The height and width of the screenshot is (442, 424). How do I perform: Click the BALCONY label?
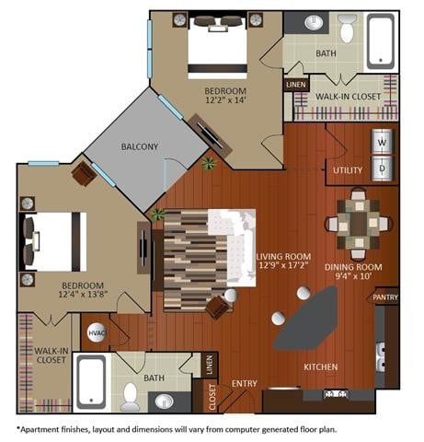pyautogui.click(x=139, y=146)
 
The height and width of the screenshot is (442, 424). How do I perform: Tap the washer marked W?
pyautogui.click(x=383, y=143)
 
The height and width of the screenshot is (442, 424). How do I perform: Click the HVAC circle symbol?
pyautogui.click(x=96, y=333)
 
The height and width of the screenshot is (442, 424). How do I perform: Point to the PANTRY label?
pyautogui.click(x=384, y=298)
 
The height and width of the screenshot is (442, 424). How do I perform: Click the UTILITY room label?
pyautogui.click(x=348, y=170)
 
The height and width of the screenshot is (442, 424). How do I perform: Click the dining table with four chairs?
pyautogui.click(x=358, y=224)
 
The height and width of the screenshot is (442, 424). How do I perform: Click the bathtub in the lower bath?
pyautogui.click(x=91, y=381)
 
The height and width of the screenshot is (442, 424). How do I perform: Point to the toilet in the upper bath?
pyautogui.click(x=347, y=31)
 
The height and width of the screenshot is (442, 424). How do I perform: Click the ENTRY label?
pyautogui.click(x=245, y=383)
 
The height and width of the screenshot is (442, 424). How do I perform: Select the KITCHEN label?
pyautogui.click(x=321, y=366)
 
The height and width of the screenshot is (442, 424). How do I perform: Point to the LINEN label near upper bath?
pyautogui.click(x=295, y=85)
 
